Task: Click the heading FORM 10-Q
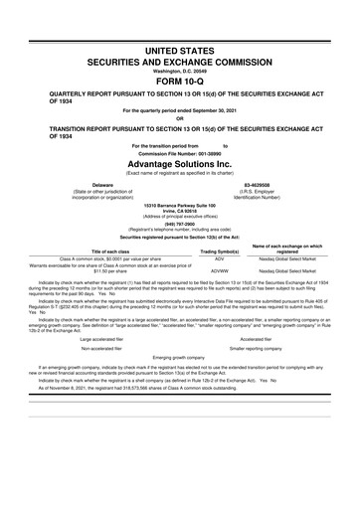(179, 81)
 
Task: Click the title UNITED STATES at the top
(179, 49)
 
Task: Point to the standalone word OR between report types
(179, 120)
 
